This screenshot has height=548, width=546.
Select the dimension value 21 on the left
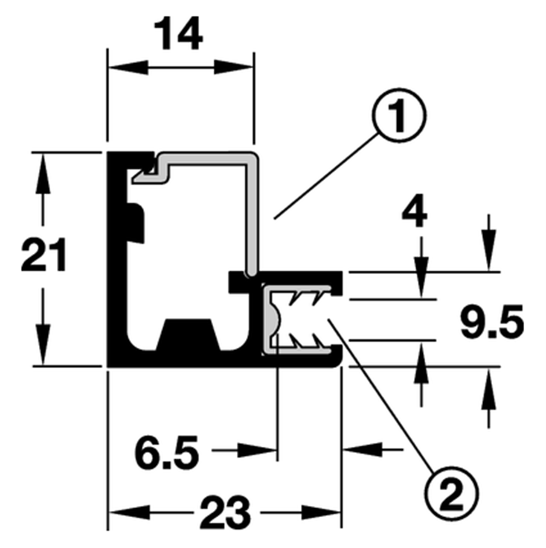tap(44, 255)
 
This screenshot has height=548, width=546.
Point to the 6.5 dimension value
tap(167, 452)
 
